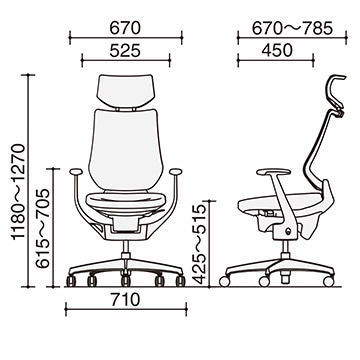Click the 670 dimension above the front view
click(125, 29)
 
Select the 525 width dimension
click(125, 51)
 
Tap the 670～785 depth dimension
click(292, 29)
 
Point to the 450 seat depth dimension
click(277, 50)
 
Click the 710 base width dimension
click(126, 300)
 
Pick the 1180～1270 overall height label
click(18, 191)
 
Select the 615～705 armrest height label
click(43, 228)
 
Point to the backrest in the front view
click(126, 150)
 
